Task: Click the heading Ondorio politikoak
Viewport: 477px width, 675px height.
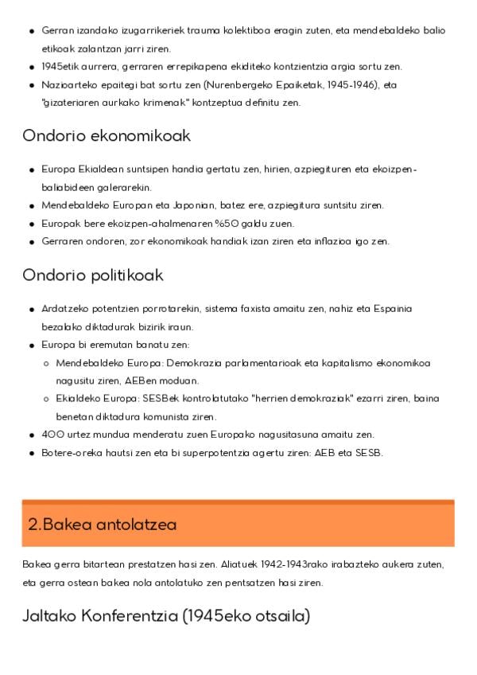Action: pos(93,275)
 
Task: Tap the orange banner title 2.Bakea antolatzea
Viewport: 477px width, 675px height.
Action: pos(102,525)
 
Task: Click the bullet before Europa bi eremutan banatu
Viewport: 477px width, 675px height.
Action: pos(32,345)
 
